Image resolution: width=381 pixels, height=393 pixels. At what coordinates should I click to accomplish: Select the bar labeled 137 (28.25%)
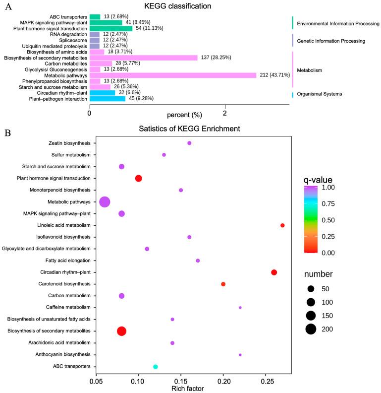[x=143, y=58]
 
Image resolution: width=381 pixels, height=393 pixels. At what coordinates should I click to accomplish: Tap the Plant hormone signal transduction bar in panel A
[x=111, y=28]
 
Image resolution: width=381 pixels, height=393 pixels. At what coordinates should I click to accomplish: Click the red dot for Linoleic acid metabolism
[x=282, y=225]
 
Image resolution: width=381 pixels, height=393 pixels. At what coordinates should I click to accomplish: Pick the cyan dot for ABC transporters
[x=156, y=367]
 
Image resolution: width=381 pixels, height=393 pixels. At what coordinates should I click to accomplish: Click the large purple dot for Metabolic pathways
[x=105, y=202]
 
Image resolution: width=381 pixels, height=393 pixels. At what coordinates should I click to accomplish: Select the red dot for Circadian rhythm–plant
[x=274, y=272]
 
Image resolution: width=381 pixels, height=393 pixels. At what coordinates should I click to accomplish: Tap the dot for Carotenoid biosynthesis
[x=223, y=284]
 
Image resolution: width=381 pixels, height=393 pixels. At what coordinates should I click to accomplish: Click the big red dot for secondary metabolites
[x=121, y=331]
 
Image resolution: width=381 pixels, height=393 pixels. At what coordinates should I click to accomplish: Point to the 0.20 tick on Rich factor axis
[x=223, y=382]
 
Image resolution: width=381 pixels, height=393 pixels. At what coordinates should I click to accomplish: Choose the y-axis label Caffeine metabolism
[x=63, y=308]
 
